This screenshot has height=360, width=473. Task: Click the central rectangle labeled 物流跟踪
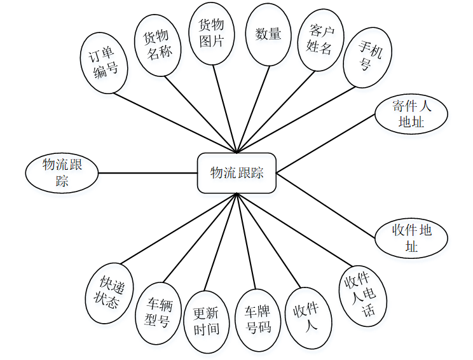[236, 172]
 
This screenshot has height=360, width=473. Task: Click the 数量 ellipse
[268, 34]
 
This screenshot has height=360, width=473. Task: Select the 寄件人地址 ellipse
[411, 114]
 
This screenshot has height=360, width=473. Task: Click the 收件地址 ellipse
[411, 238]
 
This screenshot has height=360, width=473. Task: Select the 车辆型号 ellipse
[157, 312]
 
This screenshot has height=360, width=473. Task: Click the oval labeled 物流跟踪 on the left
[62, 172]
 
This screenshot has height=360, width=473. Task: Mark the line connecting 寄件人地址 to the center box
[326, 143]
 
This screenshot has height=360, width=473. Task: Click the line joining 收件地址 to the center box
[326, 205]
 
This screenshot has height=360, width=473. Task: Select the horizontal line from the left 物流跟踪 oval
[148, 172]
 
